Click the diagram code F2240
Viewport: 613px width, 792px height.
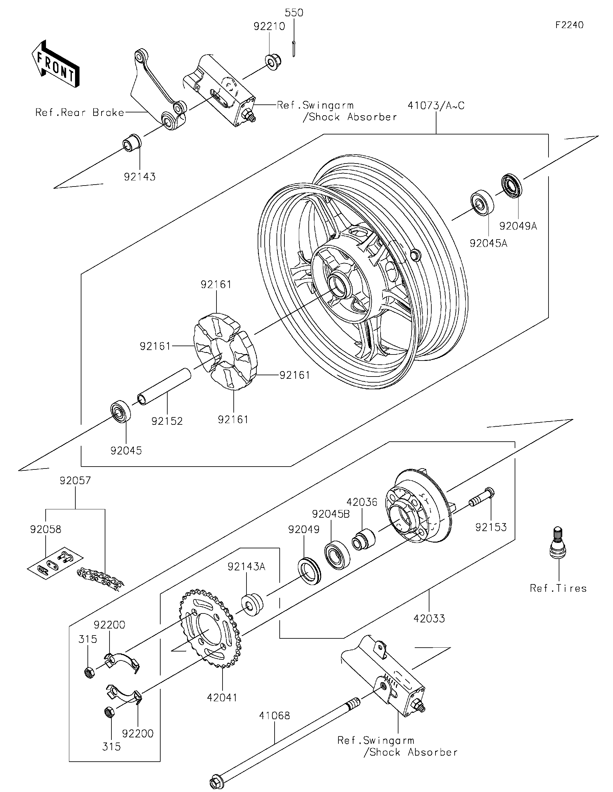point(569,25)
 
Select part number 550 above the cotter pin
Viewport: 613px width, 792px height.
point(294,13)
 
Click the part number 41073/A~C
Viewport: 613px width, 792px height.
point(436,105)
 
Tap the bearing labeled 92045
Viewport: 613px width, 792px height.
point(120,411)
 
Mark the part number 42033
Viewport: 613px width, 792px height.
point(429,618)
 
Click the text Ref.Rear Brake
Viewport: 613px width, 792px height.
point(79,112)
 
